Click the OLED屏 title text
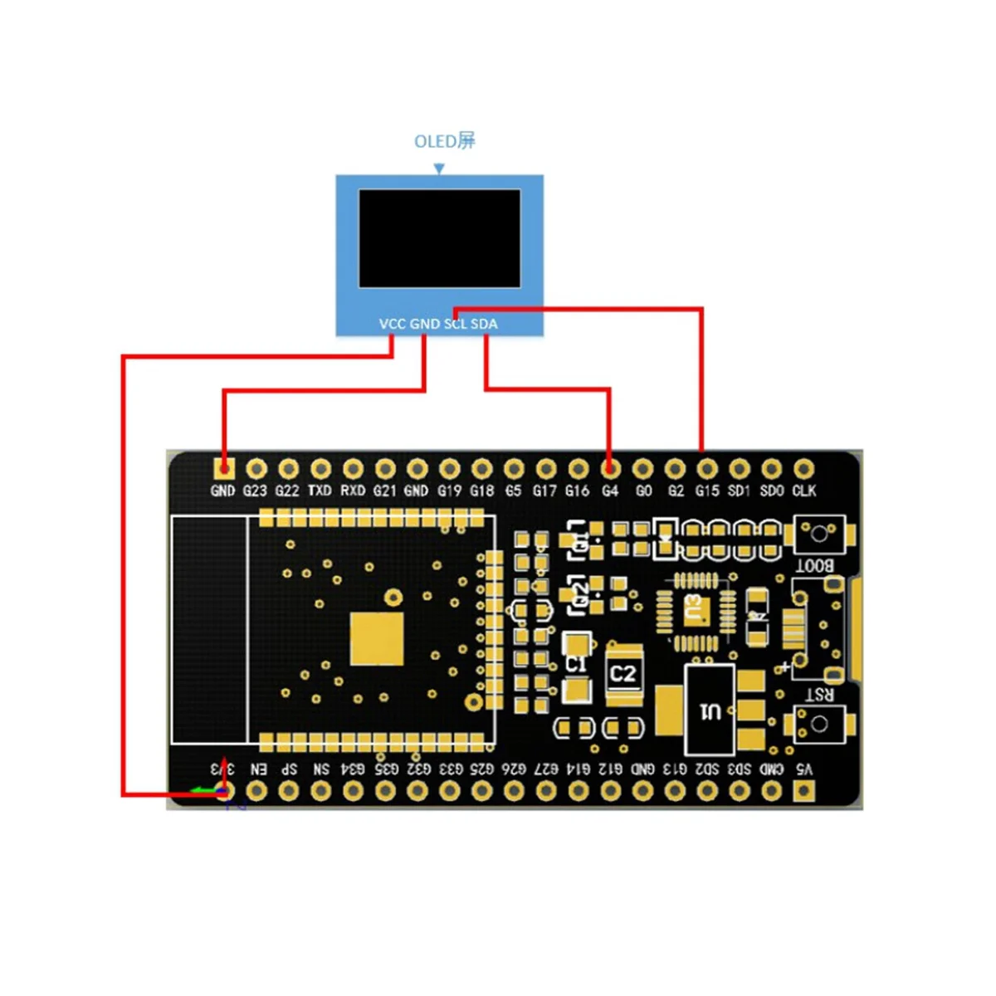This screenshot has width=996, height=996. pyautogui.click(x=445, y=141)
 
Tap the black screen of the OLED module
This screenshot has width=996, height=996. pyautogui.click(x=439, y=238)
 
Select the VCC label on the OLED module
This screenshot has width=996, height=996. pyautogui.click(x=393, y=324)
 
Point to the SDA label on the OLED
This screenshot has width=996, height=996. pyautogui.click(x=484, y=324)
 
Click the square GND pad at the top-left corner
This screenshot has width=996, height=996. pyautogui.click(x=223, y=468)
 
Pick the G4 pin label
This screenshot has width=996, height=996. pyautogui.click(x=610, y=491)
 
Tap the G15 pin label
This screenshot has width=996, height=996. pyautogui.click(x=706, y=491)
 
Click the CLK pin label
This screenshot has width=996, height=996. pyautogui.click(x=803, y=491)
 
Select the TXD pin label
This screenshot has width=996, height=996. pyautogui.click(x=320, y=491)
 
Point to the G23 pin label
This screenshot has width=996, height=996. pyautogui.click(x=255, y=491)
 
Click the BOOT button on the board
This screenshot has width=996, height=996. pyautogui.click(x=818, y=534)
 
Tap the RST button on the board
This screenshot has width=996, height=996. pyautogui.click(x=818, y=724)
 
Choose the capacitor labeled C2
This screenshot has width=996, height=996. pyautogui.click(x=622, y=672)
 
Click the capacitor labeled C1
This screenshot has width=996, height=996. pyautogui.click(x=576, y=664)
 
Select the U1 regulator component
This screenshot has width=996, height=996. pyautogui.click(x=710, y=710)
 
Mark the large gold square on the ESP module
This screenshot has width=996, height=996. pyautogui.click(x=377, y=638)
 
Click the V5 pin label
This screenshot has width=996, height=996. pyautogui.click(x=803, y=769)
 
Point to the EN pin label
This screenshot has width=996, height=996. pyautogui.click(x=259, y=769)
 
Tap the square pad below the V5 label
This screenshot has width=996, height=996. pyautogui.click(x=803, y=791)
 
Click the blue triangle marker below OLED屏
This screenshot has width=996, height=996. pyautogui.click(x=439, y=168)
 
